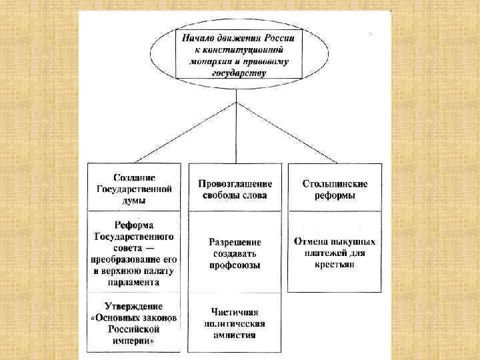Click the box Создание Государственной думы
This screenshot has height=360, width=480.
point(134,187)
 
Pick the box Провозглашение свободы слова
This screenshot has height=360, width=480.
point(235,189)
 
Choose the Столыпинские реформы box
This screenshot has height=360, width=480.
point(335,189)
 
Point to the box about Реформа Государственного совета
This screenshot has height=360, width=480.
point(134,251)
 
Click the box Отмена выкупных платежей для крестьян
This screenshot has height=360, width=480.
point(335,252)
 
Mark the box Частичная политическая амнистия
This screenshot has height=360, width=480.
point(235,323)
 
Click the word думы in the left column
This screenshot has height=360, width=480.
point(135,199)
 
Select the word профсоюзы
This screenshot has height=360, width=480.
point(235,265)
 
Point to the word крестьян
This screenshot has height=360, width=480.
point(335,264)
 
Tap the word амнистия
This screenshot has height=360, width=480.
point(235,335)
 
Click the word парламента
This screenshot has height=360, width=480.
point(135,282)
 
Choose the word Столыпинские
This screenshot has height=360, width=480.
point(335,183)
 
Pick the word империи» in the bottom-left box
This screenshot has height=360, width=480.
point(133,341)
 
